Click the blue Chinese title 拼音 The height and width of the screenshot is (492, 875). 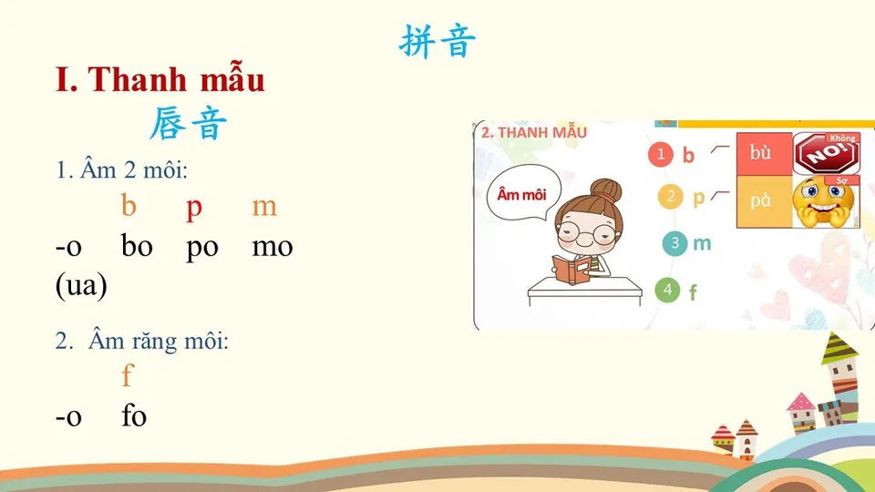click(x=437, y=42)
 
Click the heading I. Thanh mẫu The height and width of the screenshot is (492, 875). click(x=160, y=80)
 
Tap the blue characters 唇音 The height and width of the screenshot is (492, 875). click(x=187, y=124)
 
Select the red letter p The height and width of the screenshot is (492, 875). click(x=193, y=208)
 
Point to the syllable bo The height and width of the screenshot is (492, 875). click(x=137, y=246)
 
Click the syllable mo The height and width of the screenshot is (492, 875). click(x=272, y=246)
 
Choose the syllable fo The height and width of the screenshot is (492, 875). click(x=134, y=416)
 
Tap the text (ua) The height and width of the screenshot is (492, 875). click(x=81, y=286)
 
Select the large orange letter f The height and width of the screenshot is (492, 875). click(x=127, y=374)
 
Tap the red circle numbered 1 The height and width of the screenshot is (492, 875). click(x=661, y=154)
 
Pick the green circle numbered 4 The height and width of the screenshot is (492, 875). click(x=667, y=291)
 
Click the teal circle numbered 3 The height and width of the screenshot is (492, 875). click(x=674, y=243)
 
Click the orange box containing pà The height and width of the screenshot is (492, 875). click(x=763, y=200)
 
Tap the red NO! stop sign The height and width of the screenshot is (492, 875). click(x=825, y=154)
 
